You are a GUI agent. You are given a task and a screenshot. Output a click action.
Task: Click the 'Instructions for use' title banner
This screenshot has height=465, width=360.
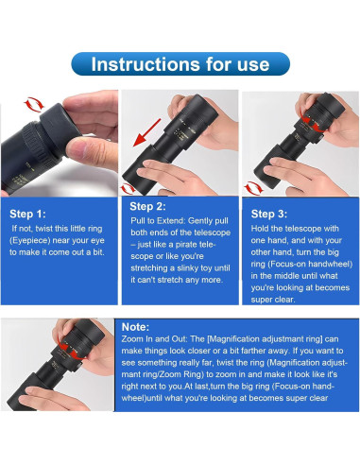[x=180, y=64]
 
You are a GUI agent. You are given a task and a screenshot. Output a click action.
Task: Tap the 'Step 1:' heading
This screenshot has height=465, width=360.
[x=27, y=214]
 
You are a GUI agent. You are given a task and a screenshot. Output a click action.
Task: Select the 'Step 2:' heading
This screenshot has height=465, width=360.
[x=147, y=206]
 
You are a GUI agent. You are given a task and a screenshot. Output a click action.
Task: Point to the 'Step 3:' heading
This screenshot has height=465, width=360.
[x=269, y=214]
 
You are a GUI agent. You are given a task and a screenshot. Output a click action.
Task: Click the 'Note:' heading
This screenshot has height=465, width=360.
[x=135, y=327]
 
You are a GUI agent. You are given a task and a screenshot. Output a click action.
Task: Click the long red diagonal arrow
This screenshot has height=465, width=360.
[x=146, y=132]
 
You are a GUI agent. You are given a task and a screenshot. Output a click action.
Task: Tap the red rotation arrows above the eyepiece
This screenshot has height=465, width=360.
[x=34, y=104]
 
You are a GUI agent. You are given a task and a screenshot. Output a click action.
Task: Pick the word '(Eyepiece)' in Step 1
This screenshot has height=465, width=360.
[x=30, y=241]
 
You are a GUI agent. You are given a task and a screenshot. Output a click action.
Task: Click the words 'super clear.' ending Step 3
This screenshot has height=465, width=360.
[x=273, y=300]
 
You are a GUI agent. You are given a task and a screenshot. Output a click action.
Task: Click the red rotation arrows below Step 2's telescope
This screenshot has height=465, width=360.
[x=128, y=189]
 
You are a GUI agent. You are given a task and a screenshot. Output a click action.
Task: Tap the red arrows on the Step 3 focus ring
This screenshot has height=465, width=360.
[x=310, y=122]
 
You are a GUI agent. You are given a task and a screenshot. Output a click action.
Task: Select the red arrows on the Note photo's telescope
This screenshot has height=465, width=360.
[x=72, y=349]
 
